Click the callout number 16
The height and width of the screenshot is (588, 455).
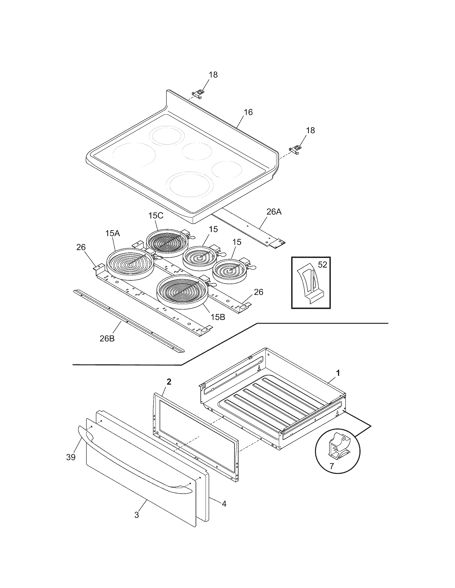point(248,112)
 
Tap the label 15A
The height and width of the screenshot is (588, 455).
point(112,233)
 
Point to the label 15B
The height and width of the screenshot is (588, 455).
point(218,317)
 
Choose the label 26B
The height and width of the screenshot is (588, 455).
point(107,338)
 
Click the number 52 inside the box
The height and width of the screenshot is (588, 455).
point(323,265)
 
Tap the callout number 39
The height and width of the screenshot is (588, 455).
point(71,457)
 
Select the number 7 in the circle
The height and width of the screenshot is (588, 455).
point(331,466)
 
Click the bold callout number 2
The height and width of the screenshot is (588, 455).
point(169,382)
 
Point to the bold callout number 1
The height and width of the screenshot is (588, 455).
point(338,373)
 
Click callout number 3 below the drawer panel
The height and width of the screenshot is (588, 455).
point(137,515)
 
